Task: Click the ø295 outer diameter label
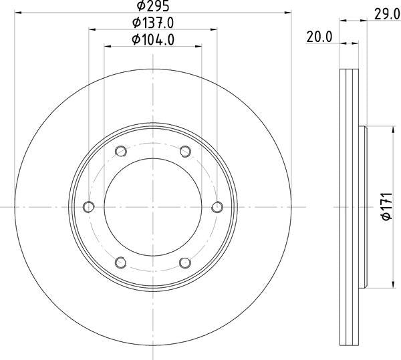pos(153,6)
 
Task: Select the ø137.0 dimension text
pos(153,23)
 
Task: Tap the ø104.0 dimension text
pos(153,39)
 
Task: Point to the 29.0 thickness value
pos(383,13)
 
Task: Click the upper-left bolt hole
pos(120,150)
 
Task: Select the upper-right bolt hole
pos(186,150)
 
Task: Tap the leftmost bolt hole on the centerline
pos(88,206)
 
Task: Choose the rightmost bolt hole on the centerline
pos(218,206)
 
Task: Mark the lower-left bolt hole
pos(120,262)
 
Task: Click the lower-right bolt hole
pos(186,262)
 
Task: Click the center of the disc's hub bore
pos(153,206)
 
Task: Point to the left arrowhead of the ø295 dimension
pos(18,12)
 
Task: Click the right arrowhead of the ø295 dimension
pos(289,12)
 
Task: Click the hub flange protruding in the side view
pos(364,206)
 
